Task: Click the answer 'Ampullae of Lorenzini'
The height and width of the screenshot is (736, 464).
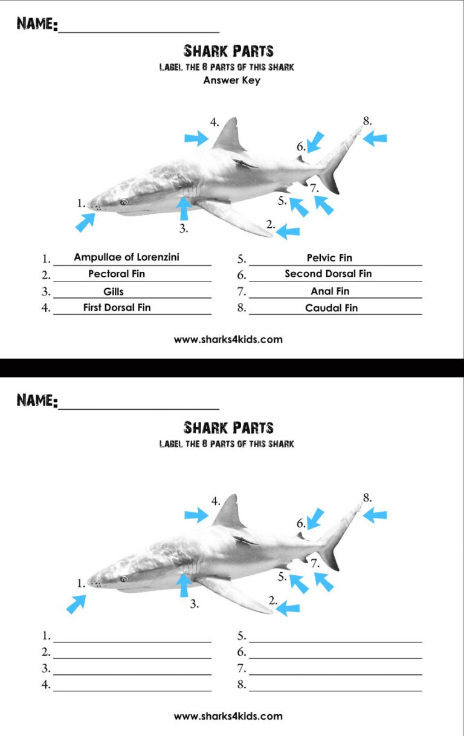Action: click(126, 257)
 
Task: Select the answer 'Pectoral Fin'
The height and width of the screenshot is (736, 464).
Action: click(117, 274)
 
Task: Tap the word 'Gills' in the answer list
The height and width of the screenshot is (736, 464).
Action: click(114, 291)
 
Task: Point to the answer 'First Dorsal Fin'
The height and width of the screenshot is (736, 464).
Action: click(117, 308)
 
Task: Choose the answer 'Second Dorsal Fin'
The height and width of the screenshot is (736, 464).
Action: click(328, 274)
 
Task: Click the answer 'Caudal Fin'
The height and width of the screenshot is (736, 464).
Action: click(331, 308)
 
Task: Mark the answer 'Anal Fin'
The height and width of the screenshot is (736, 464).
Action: click(330, 291)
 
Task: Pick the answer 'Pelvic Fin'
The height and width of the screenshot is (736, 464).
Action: click(329, 258)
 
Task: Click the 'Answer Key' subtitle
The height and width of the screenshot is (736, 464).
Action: click(231, 80)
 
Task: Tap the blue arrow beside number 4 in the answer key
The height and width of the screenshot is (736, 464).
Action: click(196, 138)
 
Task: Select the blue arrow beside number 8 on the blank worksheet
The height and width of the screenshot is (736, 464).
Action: click(375, 515)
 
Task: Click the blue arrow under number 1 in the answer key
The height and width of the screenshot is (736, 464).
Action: click(85, 222)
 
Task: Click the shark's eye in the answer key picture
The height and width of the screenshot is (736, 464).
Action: click(124, 203)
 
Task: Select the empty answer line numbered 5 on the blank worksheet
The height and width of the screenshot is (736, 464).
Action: click(335, 636)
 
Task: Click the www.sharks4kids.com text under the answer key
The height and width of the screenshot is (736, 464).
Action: click(228, 340)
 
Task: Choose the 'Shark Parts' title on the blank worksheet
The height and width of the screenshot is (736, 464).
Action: click(228, 428)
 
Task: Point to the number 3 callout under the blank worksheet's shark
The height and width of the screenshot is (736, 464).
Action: click(194, 604)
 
